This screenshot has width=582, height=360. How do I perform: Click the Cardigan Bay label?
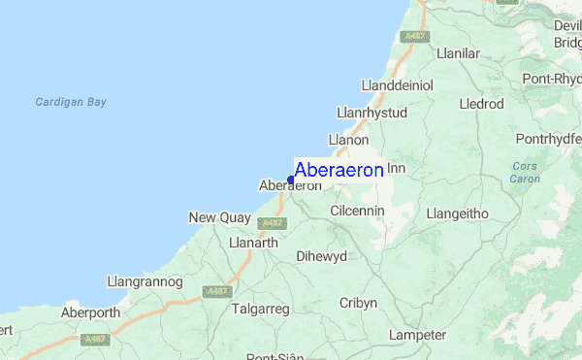tap(70, 102)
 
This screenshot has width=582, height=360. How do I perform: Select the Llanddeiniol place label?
tap(397, 84)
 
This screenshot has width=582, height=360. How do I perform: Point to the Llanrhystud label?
tap(372, 113)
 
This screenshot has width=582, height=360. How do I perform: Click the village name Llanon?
tap(348, 141)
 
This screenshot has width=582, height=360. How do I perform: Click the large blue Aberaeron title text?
tap(339, 168)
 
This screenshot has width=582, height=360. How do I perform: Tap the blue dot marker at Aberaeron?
tap(290, 180)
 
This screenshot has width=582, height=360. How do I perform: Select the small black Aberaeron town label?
tap(291, 186)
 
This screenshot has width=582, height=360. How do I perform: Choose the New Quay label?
tap(219, 217)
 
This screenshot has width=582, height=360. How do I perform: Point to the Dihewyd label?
tap(321, 257)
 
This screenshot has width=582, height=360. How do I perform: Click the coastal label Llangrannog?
tap(145, 281)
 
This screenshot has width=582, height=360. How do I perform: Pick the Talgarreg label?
tap(261, 308)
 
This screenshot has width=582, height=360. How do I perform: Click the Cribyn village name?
tap(358, 303)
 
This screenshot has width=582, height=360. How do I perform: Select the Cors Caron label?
tap(525, 173)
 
